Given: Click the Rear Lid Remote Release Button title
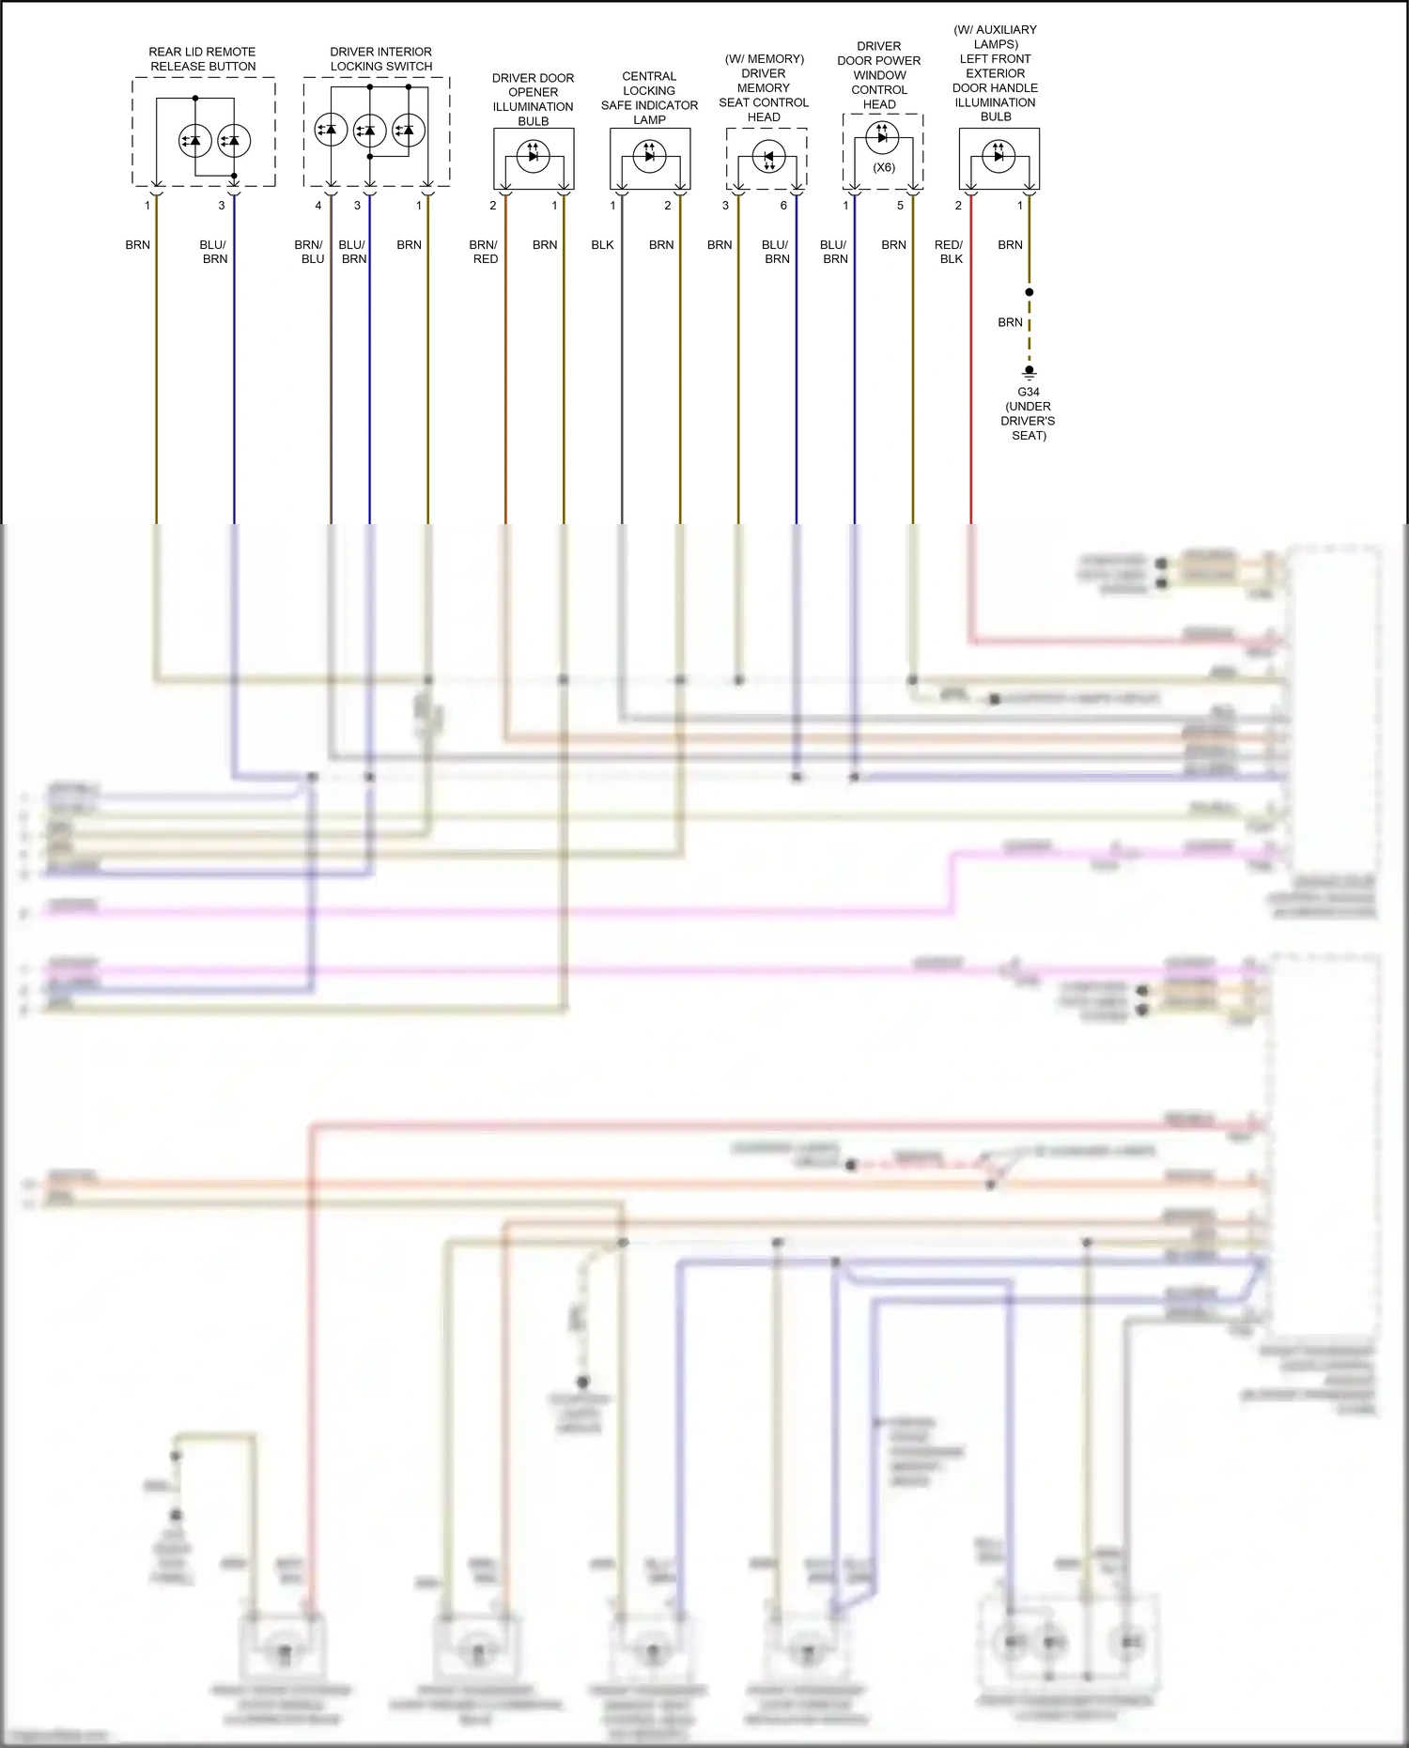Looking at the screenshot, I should [x=203, y=59].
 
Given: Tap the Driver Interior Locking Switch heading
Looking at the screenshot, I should [x=381, y=59].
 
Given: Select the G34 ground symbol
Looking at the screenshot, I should [x=1030, y=373].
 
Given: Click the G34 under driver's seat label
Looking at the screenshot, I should [x=1029, y=413].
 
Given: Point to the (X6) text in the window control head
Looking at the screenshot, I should [x=884, y=168].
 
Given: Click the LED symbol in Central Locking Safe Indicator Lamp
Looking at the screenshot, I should [x=649, y=156].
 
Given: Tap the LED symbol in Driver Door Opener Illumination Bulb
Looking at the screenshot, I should [x=533, y=156].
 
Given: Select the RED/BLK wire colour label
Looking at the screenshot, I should [x=950, y=252].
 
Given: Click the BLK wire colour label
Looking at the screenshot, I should [x=602, y=245].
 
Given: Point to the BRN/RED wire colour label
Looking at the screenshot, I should [x=484, y=252].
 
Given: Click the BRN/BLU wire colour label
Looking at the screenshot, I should [x=309, y=252].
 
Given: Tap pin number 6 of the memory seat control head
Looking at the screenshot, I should [x=783, y=206].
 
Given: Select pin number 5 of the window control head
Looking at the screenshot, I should [x=900, y=206].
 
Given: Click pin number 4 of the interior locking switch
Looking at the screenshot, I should [x=318, y=206].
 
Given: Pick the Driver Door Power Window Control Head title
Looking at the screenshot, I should [x=879, y=75].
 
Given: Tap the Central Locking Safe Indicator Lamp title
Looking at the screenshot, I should [x=649, y=98].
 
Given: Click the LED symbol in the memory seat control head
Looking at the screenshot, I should [x=768, y=157].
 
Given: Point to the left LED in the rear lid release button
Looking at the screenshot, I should [x=194, y=141].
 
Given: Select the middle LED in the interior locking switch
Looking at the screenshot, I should [x=370, y=131].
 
